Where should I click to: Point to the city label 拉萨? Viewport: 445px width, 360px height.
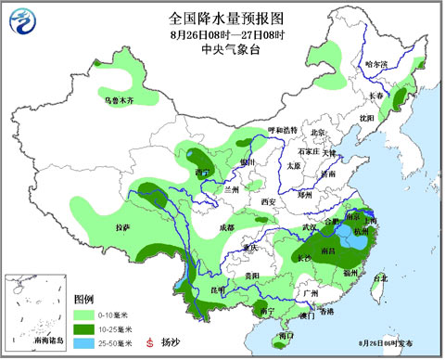point(123,226)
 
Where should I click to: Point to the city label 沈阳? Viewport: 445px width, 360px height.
point(368,118)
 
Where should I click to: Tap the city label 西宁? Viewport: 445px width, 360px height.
point(204,172)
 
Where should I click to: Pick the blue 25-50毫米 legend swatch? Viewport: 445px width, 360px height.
point(84,341)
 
